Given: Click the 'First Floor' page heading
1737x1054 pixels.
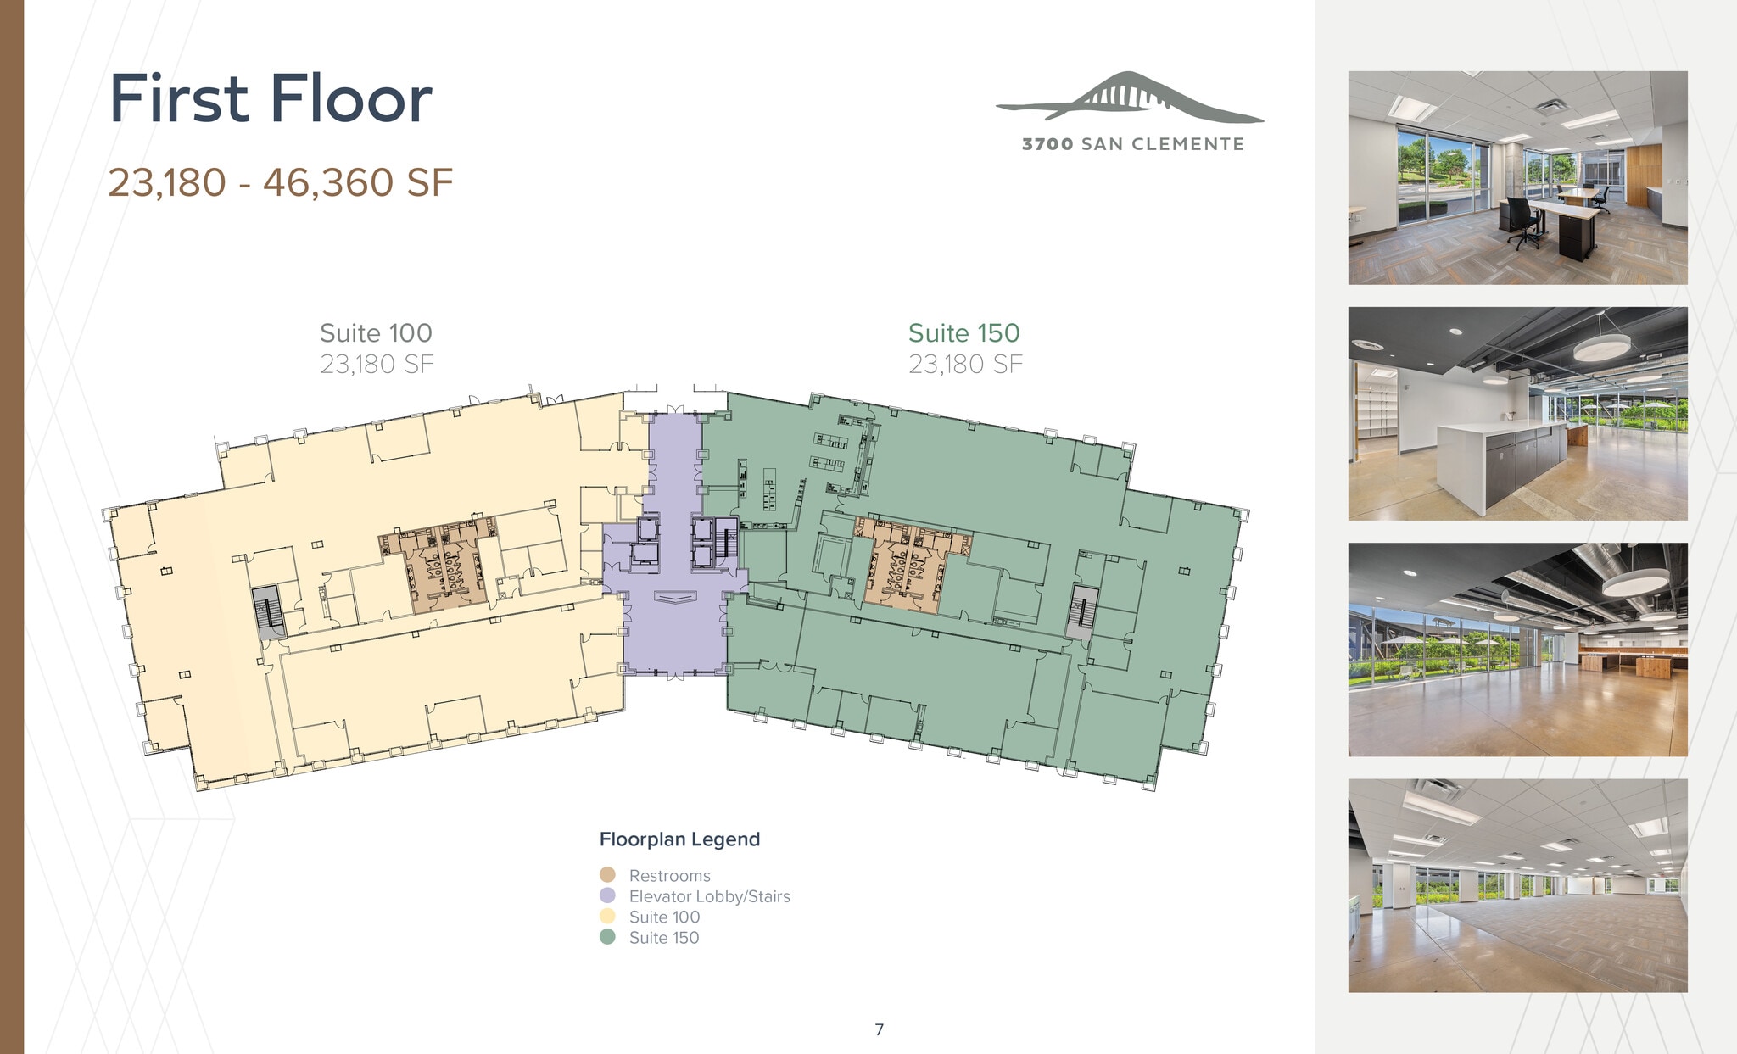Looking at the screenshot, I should [271, 99].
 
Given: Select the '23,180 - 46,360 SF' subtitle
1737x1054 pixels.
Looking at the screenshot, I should [280, 182].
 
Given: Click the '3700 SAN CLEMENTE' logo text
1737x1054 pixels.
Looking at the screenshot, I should [1133, 144].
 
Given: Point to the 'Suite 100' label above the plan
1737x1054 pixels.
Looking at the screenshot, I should [376, 333].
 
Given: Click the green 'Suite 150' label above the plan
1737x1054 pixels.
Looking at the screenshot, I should [963, 333].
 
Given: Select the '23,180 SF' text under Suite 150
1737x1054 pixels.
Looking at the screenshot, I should [965, 365].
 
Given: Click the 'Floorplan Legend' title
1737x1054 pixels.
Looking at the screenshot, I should [679, 839].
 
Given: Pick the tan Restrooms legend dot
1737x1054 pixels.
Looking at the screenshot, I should [607, 874].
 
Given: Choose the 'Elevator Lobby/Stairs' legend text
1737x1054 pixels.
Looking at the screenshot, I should [709, 896].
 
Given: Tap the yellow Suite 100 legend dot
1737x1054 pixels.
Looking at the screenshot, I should [607, 916].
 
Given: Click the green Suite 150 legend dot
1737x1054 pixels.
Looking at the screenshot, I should [607, 937].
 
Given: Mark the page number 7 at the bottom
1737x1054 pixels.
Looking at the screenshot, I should [879, 1029].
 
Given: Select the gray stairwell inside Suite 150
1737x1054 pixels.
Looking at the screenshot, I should [1081, 611].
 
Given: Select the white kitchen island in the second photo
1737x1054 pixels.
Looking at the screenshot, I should [1501, 462].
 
